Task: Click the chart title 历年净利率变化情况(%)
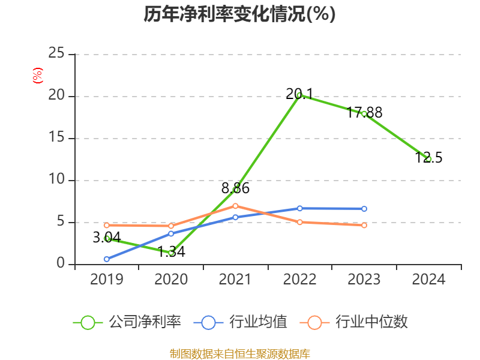click(x=239, y=14)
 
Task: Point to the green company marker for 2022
click(x=299, y=95)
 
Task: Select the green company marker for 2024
click(x=428, y=159)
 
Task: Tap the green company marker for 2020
click(x=171, y=253)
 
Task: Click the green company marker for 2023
click(x=364, y=113)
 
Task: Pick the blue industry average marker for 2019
click(x=107, y=259)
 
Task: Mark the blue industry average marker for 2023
click(x=364, y=209)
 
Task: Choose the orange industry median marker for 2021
click(x=235, y=206)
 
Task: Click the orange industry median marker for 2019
click(x=107, y=225)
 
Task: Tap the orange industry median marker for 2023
click(x=364, y=226)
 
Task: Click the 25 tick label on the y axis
click(x=56, y=53)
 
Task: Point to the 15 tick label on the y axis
click(x=56, y=137)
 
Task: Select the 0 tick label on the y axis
click(x=61, y=263)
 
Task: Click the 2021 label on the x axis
click(x=235, y=280)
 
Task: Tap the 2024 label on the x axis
click(x=428, y=280)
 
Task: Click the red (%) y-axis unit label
click(x=37, y=76)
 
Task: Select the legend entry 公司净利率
click(x=127, y=322)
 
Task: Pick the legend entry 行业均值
click(x=241, y=322)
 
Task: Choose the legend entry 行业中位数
click(x=358, y=322)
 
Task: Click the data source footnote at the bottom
click(x=239, y=353)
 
